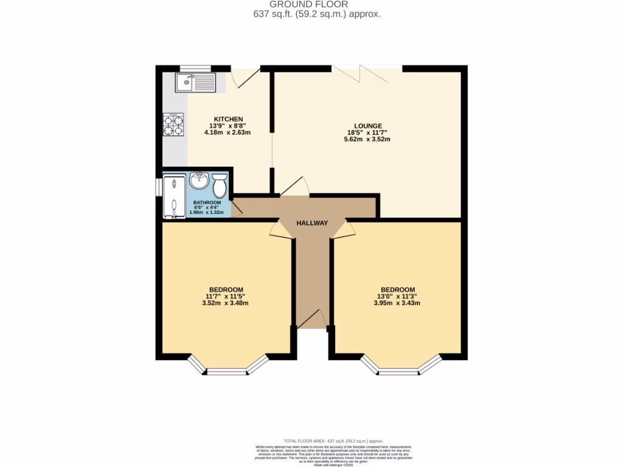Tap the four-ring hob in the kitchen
[x=173, y=125]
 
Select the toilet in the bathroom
[x=220, y=183]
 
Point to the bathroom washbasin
[x=199, y=181]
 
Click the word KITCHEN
[x=228, y=119]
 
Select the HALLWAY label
[x=312, y=223]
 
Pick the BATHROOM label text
[x=206, y=202]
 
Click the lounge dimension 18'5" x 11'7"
[x=367, y=133]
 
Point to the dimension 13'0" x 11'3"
[x=398, y=296]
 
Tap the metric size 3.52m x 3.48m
[x=226, y=303]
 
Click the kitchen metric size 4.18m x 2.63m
[x=228, y=132]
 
